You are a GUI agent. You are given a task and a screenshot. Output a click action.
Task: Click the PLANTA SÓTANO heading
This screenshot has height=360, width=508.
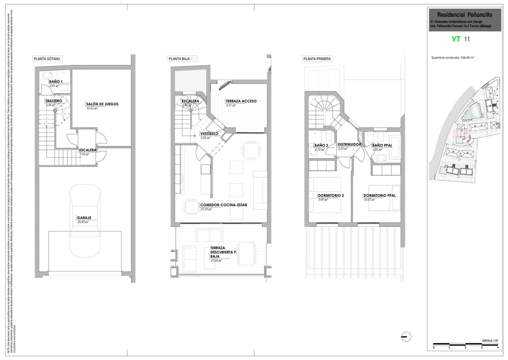[47, 59]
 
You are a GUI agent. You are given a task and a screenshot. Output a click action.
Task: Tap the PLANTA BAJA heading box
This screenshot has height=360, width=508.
[179, 59]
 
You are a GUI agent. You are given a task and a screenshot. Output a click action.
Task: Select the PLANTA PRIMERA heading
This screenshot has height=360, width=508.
[317, 59]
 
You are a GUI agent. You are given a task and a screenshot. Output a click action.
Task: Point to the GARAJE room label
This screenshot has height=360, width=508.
[84, 218]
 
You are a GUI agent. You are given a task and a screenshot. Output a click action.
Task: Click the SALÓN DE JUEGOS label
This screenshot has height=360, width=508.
[102, 104]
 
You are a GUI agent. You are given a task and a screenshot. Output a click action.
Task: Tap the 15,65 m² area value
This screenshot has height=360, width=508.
[92, 108]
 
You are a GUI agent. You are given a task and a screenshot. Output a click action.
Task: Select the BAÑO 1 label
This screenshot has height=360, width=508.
[56, 82]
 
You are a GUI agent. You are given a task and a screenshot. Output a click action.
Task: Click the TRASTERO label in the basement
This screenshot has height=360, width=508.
[54, 101]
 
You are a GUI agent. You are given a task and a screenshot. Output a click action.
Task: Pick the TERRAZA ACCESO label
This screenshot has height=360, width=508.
[241, 101]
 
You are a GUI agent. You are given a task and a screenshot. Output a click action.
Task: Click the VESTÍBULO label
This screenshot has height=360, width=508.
[209, 133]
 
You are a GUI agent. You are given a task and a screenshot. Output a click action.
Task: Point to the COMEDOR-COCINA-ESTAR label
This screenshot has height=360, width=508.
[224, 205]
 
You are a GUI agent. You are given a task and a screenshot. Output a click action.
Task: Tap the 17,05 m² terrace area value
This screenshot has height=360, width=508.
[216, 261]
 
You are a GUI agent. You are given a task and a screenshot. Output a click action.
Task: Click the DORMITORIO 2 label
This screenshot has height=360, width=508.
[331, 195]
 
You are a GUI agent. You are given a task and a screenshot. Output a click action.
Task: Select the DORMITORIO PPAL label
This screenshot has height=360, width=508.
[379, 195]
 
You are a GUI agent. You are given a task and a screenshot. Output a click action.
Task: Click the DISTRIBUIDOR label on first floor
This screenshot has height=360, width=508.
[349, 144]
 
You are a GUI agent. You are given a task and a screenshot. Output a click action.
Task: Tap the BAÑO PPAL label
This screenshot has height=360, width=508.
[382, 145]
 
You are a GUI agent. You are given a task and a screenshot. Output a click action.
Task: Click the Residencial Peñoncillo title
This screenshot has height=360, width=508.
[465, 15]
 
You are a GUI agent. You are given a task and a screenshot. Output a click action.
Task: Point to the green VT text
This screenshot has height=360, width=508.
[456, 39]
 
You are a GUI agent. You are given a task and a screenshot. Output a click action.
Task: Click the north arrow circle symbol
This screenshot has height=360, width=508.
[406, 336]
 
